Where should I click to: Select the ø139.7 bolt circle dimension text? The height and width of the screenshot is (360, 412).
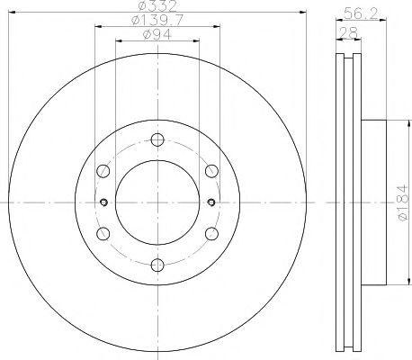pos(157,21)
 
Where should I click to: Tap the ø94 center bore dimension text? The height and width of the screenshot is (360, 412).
pos(157,35)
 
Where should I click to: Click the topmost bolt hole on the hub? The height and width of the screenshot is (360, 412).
pos(157,139)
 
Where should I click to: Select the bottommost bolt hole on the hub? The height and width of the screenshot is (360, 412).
pos(157,264)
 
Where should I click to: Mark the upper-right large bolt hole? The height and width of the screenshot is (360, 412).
pos(211,170)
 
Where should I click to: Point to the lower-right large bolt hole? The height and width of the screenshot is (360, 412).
pos(211,233)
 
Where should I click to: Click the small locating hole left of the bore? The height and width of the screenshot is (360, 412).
pos(104,202)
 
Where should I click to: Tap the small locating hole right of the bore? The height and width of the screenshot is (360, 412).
pos(210,202)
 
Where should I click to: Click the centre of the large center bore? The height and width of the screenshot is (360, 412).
pos(157,202)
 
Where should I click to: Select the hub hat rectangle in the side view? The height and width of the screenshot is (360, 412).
pos(371,202)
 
